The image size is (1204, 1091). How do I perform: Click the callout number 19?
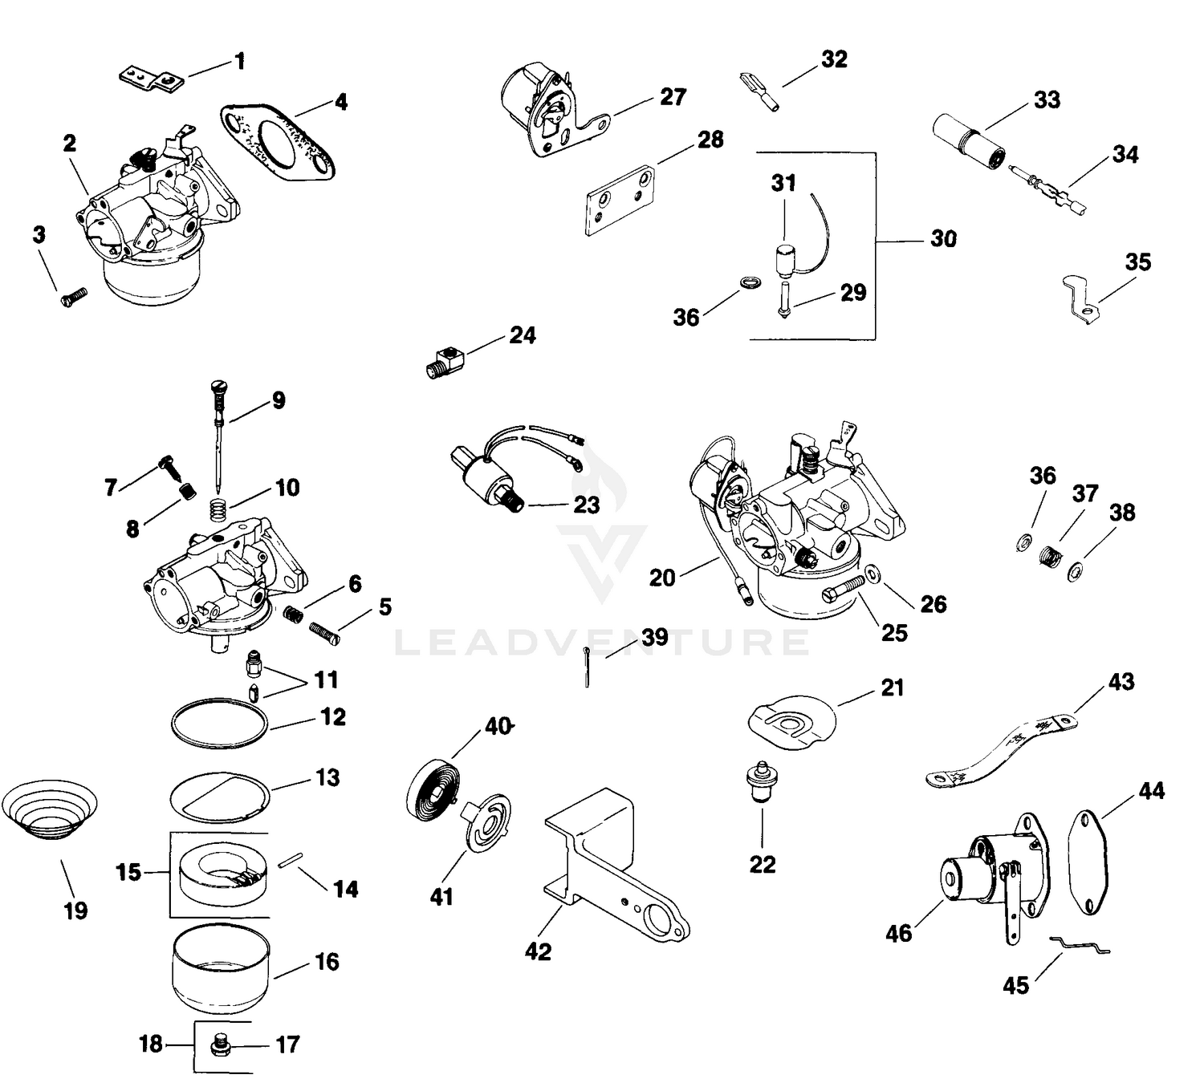(75, 911)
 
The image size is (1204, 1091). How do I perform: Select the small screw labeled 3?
(75, 297)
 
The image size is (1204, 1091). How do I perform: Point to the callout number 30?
(943, 239)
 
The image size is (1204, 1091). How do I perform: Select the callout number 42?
(538, 951)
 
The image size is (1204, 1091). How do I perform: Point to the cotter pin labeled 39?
(588, 667)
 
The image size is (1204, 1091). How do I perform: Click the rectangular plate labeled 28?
(620, 202)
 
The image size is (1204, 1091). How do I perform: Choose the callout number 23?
(587, 505)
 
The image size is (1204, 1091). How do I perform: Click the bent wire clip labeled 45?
(1080, 947)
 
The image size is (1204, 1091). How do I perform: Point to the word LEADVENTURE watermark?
(602, 643)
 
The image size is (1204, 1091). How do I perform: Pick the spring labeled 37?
(1051, 556)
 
